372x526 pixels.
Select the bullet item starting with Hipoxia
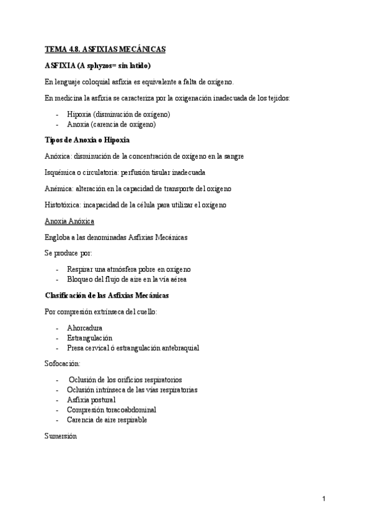(x=118, y=114)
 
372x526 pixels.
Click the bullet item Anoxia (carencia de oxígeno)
(x=111, y=124)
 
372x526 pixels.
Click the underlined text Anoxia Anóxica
(x=69, y=221)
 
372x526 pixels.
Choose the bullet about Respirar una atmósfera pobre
(x=129, y=269)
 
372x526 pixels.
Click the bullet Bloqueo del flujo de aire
(x=126, y=279)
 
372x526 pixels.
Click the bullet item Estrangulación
(x=89, y=338)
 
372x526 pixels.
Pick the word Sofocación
(x=62, y=363)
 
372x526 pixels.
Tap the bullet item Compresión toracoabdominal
(x=112, y=409)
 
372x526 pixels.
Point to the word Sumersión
(x=61, y=436)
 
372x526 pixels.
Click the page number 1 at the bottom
(x=324, y=498)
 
